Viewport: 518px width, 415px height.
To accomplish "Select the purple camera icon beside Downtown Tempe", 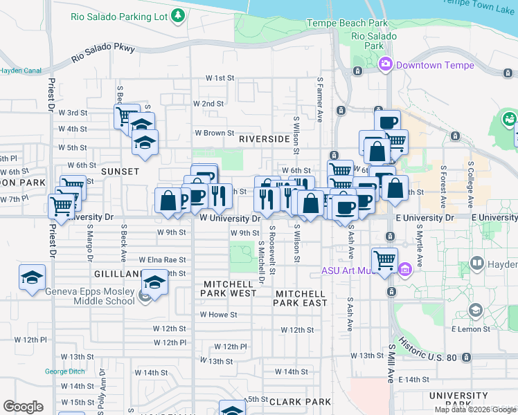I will pos(386,64).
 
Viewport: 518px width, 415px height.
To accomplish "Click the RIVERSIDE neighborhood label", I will pos(264,139).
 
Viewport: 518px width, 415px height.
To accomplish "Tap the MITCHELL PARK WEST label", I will pos(230,289).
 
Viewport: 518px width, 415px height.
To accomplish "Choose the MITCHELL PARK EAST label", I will pos(301,298).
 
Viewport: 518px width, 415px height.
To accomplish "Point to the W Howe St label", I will pos(219,315).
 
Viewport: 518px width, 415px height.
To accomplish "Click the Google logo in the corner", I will pos(23,407).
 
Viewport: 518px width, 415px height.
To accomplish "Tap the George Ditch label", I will pos(64,371).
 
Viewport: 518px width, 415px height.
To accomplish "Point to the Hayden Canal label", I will pos(21,71).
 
